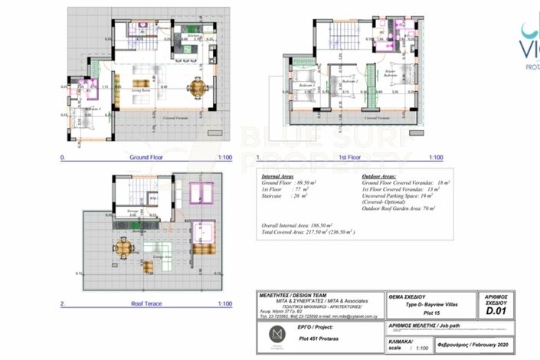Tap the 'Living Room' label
140,90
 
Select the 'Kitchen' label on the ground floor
194,35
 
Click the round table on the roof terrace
123,247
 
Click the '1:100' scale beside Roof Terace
224,304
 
